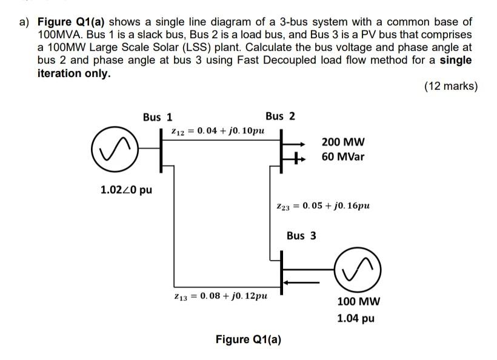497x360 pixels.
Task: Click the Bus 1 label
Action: [158, 117]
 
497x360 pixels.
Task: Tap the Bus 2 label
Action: [280, 116]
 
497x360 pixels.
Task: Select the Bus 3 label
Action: [301, 235]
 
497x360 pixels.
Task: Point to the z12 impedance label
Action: [217, 131]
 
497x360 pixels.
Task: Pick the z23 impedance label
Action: [322, 205]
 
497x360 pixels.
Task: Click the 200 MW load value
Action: [343, 143]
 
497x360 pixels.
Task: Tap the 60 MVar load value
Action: [344, 159]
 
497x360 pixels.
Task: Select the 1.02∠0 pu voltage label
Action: [126, 190]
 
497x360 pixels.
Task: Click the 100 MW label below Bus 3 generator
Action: [358, 302]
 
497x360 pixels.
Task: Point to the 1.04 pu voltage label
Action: [356, 318]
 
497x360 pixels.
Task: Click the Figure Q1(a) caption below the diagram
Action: [248, 339]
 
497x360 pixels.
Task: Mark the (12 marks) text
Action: [450, 86]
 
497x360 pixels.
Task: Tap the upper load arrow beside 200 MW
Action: [298, 144]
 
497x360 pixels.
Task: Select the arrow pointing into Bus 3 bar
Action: [297, 281]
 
